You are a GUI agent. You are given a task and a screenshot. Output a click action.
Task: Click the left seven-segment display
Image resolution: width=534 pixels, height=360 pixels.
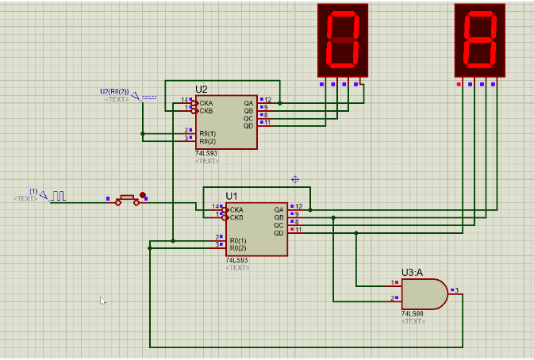[x=343, y=40]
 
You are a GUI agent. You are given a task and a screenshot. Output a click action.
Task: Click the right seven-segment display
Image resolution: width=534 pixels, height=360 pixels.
[x=480, y=40]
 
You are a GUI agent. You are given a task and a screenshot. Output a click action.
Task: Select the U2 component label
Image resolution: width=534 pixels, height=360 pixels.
[x=202, y=90]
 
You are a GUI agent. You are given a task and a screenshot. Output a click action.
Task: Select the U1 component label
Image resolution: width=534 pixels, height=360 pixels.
[x=231, y=195]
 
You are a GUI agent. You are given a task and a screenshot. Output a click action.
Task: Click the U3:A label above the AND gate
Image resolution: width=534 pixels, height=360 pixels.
[x=412, y=272]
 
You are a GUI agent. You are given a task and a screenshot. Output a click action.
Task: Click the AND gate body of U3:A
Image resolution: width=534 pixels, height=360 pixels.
[x=423, y=294]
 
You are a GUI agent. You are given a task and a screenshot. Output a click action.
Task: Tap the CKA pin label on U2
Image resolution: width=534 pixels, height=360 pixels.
[x=206, y=102]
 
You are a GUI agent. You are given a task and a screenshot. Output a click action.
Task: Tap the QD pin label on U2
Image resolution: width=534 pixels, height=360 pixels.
[x=248, y=125]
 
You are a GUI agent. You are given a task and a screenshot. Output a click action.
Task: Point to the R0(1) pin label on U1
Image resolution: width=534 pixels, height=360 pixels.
[x=238, y=240]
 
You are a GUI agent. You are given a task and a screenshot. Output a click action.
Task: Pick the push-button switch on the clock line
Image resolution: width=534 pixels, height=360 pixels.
[x=127, y=200]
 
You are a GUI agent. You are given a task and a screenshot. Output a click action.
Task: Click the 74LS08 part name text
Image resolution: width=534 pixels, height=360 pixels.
[x=413, y=314]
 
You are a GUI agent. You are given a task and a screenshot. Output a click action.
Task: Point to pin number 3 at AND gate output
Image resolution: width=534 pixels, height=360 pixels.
[x=457, y=289]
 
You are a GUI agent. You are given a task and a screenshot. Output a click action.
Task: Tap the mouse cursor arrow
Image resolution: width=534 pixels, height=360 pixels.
[x=103, y=301]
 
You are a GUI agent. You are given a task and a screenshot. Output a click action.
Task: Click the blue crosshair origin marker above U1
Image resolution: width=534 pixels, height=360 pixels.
[x=296, y=179]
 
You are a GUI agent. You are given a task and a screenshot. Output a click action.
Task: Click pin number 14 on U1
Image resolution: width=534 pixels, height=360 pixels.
[x=215, y=206]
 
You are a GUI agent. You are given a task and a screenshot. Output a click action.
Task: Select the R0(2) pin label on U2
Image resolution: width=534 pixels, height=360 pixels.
[x=207, y=140]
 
